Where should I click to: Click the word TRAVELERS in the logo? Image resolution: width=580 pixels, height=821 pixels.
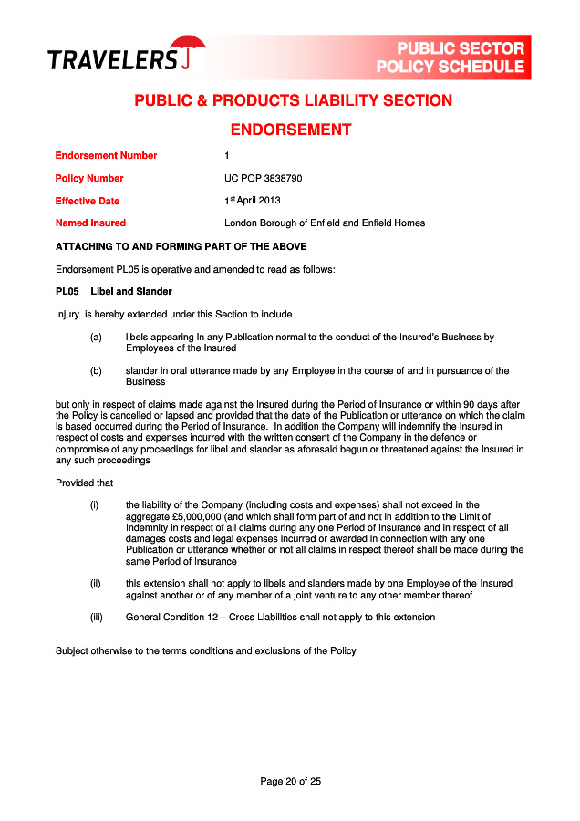pos(112,60)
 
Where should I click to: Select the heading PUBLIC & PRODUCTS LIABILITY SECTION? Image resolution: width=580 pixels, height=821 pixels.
pos(293,100)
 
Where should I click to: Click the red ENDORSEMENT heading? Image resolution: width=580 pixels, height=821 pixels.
pos(290,130)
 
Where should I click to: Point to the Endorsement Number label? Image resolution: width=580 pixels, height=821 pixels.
pos(106,155)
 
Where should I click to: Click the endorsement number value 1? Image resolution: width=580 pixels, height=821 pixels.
pos(227,155)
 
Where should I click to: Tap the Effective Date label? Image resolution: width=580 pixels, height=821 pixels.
pos(87,201)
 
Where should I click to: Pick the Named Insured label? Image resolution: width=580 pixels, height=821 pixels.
pos(90,223)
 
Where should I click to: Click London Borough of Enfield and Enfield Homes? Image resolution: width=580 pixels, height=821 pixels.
pos(324,223)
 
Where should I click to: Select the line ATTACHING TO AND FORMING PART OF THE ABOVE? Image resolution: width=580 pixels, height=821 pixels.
pos(181,246)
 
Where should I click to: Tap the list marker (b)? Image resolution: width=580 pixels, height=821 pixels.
pos(96,370)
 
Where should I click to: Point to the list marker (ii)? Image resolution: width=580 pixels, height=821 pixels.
pos(96,583)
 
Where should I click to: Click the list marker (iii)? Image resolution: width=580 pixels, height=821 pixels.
pos(96,617)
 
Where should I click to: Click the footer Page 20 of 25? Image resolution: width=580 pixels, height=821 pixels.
pos(290,781)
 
